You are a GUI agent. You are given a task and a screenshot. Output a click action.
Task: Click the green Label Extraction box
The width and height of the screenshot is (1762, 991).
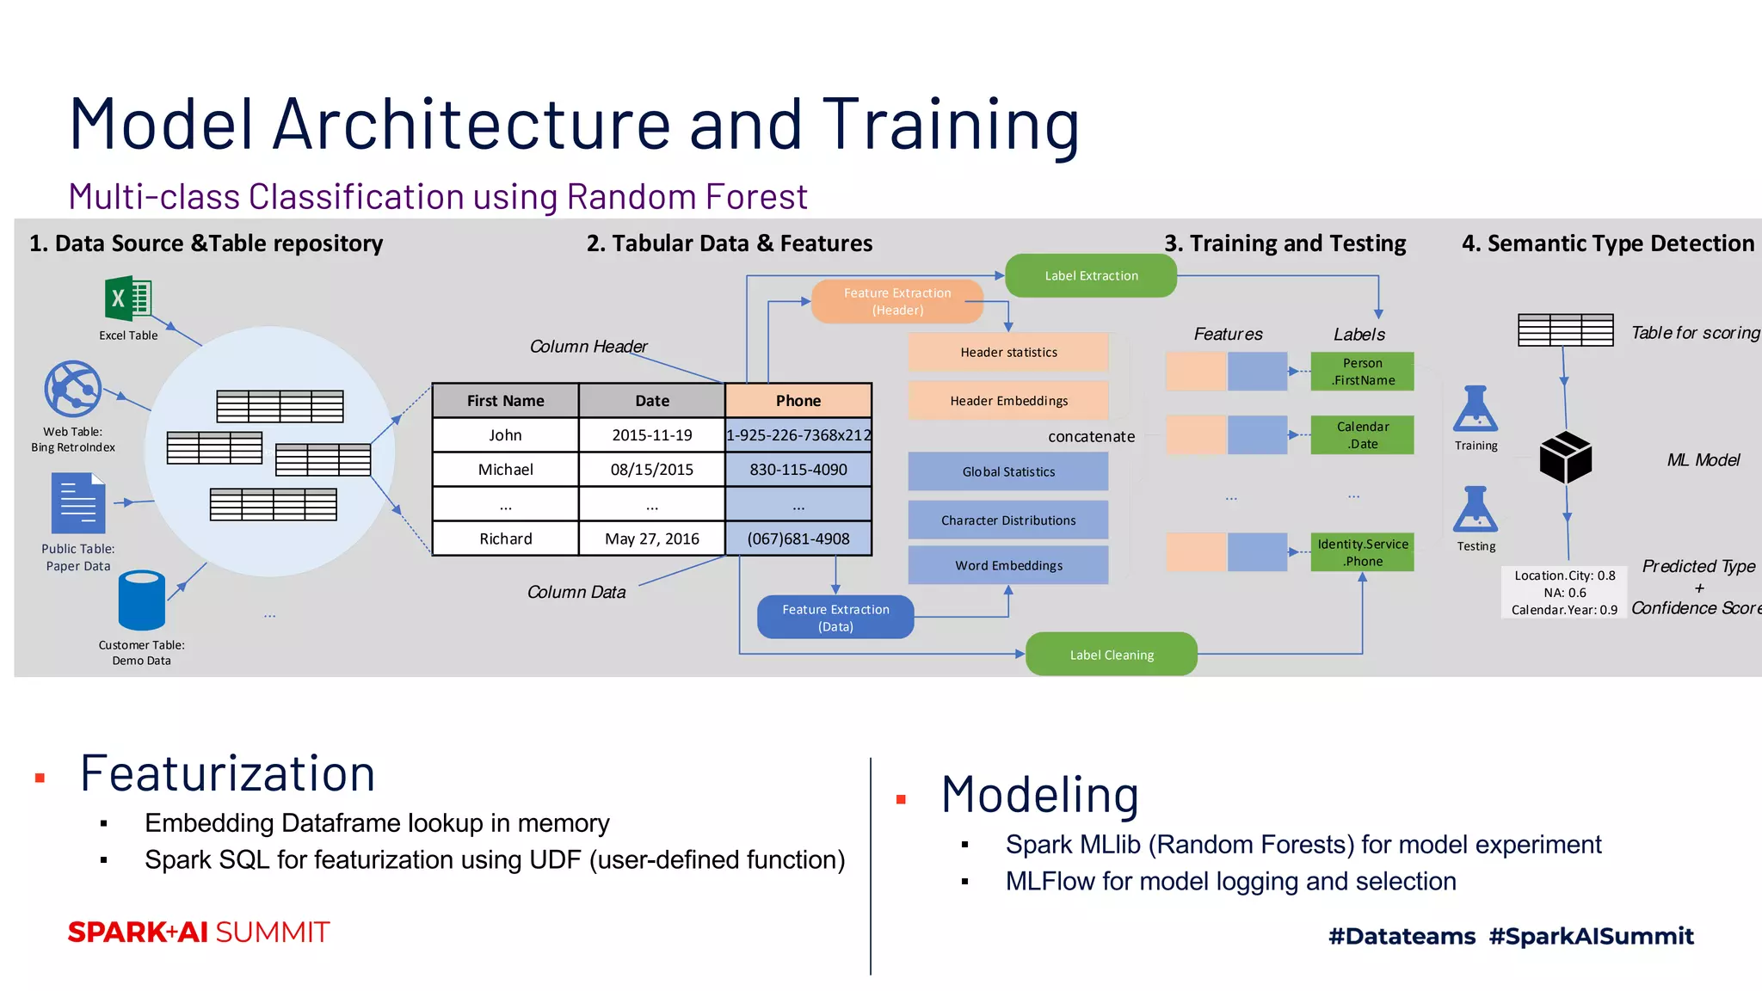point(1090,275)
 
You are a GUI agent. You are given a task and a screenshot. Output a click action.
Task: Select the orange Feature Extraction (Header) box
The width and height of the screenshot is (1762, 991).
point(896,301)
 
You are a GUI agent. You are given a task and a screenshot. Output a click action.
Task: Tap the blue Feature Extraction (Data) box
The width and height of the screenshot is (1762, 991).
point(835,617)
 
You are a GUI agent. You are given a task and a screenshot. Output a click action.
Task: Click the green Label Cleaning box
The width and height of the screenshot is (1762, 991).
point(1111,655)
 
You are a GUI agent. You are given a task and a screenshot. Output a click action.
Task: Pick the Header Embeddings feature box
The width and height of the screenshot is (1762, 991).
point(1008,401)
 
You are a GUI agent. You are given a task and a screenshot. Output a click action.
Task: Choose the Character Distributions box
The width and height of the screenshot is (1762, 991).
point(1008,520)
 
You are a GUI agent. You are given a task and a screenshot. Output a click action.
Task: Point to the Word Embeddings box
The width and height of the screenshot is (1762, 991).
point(1008,565)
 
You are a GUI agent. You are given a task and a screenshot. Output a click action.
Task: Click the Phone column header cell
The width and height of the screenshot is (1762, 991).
point(798,401)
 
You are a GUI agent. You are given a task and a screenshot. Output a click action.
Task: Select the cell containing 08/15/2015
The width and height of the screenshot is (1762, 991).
point(652,470)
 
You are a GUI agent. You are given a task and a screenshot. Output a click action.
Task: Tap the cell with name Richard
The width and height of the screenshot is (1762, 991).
point(506,539)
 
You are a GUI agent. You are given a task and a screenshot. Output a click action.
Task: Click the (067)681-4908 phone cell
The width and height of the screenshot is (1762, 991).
point(798,539)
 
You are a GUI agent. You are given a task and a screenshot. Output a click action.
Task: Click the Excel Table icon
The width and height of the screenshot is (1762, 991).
point(128,299)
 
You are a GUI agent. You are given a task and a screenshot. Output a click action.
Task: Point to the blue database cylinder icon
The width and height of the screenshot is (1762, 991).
point(142,600)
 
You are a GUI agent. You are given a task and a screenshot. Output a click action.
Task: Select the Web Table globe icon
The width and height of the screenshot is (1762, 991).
point(73,389)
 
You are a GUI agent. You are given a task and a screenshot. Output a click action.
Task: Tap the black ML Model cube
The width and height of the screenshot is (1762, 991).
point(1565,457)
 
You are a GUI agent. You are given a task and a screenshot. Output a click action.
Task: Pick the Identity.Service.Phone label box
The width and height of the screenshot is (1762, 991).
point(1362,552)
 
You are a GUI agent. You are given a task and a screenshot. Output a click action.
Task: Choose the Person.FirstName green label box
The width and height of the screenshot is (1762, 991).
point(1362,372)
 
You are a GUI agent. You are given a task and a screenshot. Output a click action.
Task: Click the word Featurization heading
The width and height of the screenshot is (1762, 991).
point(228,773)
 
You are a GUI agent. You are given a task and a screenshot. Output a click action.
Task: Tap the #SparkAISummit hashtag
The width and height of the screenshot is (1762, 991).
point(1591,936)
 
